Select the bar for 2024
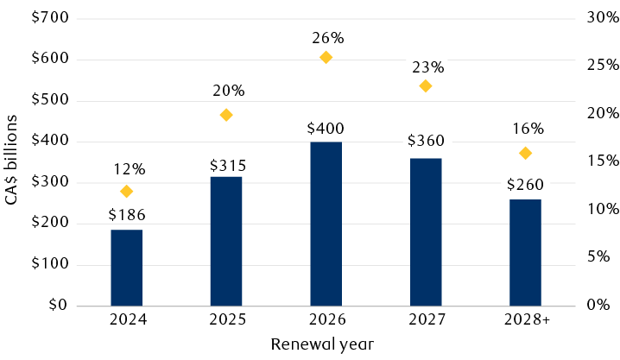tap(127, 268)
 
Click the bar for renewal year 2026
tap(326, 224)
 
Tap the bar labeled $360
tap(425, 232)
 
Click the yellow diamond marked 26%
tap(326, 57)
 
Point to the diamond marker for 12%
tap(127, 191)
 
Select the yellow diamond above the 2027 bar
tap(425, 86)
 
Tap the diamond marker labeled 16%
tap(525, 153)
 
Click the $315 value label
tap(226, 165)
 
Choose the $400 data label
tap(326, 129)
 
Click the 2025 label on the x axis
tap(226, 319)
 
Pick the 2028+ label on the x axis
tap(525, 319)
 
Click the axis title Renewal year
tap(322, 344)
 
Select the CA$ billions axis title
tap(12, 161)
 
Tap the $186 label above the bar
tap(127, 215)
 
